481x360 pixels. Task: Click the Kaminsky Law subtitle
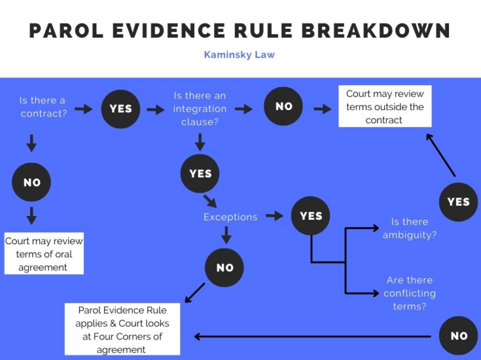(239, 54)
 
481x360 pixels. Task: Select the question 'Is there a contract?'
(43, 107)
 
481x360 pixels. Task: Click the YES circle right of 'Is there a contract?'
(120, 109)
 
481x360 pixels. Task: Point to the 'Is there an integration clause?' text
(200, 109)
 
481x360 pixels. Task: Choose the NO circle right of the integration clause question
(284, 106)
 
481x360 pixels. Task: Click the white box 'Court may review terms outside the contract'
(385, 106)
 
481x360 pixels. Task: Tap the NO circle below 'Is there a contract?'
(32, 182)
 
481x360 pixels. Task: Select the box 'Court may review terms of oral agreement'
(43, 254)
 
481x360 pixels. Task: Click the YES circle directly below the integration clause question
(200, 173)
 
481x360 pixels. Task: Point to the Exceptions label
(230, 217)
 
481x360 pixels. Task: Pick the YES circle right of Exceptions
(311, 216)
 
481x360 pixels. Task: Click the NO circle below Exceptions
(225, 268)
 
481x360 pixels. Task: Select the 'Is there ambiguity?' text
(410, 229)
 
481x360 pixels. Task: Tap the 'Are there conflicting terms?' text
(410, 293)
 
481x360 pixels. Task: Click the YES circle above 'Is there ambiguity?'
(458, 202)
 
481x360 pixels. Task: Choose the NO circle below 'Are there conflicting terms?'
(458, 336)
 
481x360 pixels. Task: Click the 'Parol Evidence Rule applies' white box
(122, 329)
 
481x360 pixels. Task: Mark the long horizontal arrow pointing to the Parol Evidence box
(313, 336)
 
